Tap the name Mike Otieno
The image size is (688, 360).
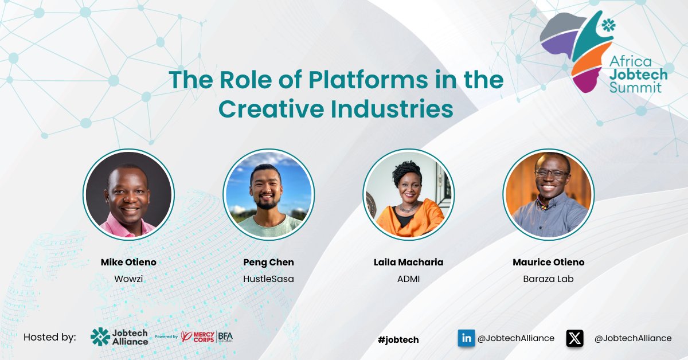pyautogui.click(x=128, y=262)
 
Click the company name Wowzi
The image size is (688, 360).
pyautogui.click(x=128, y=279)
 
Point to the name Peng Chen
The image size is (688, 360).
pyautogui.click(x=268, y=262)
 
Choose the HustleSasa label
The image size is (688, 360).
pyautogui.click(x=268, y=279)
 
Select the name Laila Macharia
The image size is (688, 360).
pyautogui.click(x=408, y=262)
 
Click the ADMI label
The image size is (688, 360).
pyautogui.click(x=408, y=279)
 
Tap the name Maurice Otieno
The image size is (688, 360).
pyautogui.click(x=549, y=262)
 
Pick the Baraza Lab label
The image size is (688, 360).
pyautogui.click(x=549, y=279)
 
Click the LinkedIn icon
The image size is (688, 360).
pyautogui.click(x=466, y=338)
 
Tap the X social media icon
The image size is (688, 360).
pyautogui.click(x=575, y=338)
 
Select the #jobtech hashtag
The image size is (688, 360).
pyautogui.click(x=398, y=340)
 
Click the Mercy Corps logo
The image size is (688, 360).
pyautogui.click(x=198, y=337)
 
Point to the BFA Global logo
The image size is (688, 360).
pyautogui.click(x=225, y=337)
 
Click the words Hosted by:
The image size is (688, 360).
pyautogui.click(x=50, y=337)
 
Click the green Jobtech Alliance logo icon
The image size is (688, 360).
pyautogui.click(x=100, y=337)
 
